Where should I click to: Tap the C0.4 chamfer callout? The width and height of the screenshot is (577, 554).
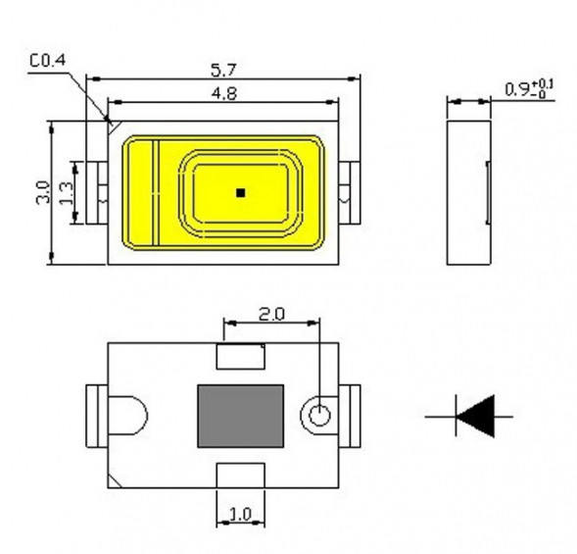46,62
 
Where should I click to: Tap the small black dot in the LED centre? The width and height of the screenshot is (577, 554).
239,193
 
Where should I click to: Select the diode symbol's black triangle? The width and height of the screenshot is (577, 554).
477,416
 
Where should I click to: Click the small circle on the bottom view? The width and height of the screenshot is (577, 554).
319,416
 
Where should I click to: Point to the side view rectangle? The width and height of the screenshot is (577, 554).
468,192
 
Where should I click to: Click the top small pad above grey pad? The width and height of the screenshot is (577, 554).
240,355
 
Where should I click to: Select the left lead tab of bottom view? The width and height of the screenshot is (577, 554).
97,415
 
